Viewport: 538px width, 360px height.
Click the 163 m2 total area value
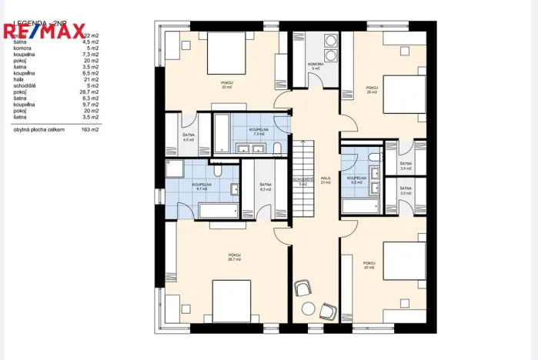point(90,130)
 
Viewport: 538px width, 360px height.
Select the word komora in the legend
point(22,48)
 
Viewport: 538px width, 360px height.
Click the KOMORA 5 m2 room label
point(315,66)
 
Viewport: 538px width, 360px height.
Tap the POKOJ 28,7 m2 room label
point(234,257)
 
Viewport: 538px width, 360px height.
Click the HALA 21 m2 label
point(325,180)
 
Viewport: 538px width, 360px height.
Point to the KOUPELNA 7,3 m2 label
point(258,132)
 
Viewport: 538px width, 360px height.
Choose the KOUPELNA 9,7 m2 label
point(202,186)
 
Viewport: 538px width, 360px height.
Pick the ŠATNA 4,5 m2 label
point(187,138)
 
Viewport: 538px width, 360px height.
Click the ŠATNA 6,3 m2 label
point(265,186)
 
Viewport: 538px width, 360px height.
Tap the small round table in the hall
point(308,308)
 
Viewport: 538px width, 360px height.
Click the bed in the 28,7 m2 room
point(232,302)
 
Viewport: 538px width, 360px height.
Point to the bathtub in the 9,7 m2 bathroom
point(218,211)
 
